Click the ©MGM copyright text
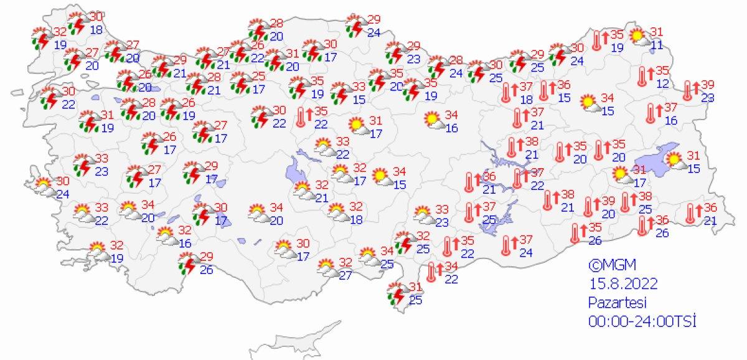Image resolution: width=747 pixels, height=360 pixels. (603, 265)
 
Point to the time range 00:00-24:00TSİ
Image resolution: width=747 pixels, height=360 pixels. (642, 321)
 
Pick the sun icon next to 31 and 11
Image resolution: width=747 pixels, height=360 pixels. (638, 37)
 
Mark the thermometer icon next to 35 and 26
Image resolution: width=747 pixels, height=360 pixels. (576, 233)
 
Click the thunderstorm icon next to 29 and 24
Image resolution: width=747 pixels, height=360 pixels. (356, 25)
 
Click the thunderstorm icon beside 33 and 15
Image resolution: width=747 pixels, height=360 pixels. (340, 93)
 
